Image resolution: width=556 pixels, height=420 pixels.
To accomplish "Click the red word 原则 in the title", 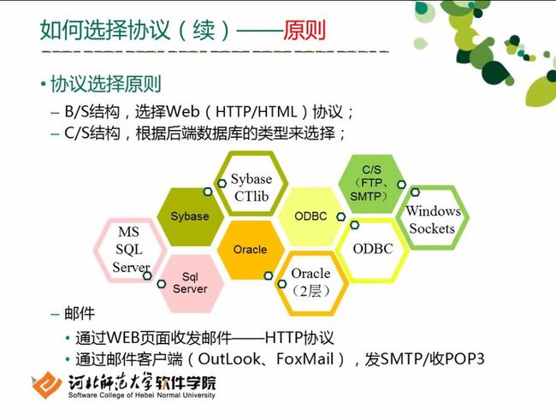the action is click(x=305, y=30).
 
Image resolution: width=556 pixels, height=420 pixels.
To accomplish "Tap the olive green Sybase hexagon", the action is click(x=190, y=216).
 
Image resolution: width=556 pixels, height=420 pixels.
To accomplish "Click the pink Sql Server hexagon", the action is click(x=190, y=283).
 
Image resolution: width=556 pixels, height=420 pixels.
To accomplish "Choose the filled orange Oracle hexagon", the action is click(x=251, y=250).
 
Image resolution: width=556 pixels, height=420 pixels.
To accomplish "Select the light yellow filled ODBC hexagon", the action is click(x=311, y=216).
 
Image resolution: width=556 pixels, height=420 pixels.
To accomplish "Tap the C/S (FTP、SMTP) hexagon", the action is click(x=371, y=184).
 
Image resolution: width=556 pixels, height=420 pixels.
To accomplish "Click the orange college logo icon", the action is click(x=45, y=385).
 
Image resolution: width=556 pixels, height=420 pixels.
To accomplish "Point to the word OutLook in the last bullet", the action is click(x=229, y=359).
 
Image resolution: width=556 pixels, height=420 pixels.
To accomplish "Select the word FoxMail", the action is click(x=305, y=359).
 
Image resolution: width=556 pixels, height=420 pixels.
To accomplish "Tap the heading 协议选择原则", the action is click(x=106, y=84).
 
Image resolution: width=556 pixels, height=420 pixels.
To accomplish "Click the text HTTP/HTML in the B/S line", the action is click(x=257, y=112).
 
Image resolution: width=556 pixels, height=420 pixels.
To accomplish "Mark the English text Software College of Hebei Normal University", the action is click(x=142, y=395).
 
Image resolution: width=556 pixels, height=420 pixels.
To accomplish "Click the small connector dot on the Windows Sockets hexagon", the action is click(x=415, y=192).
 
